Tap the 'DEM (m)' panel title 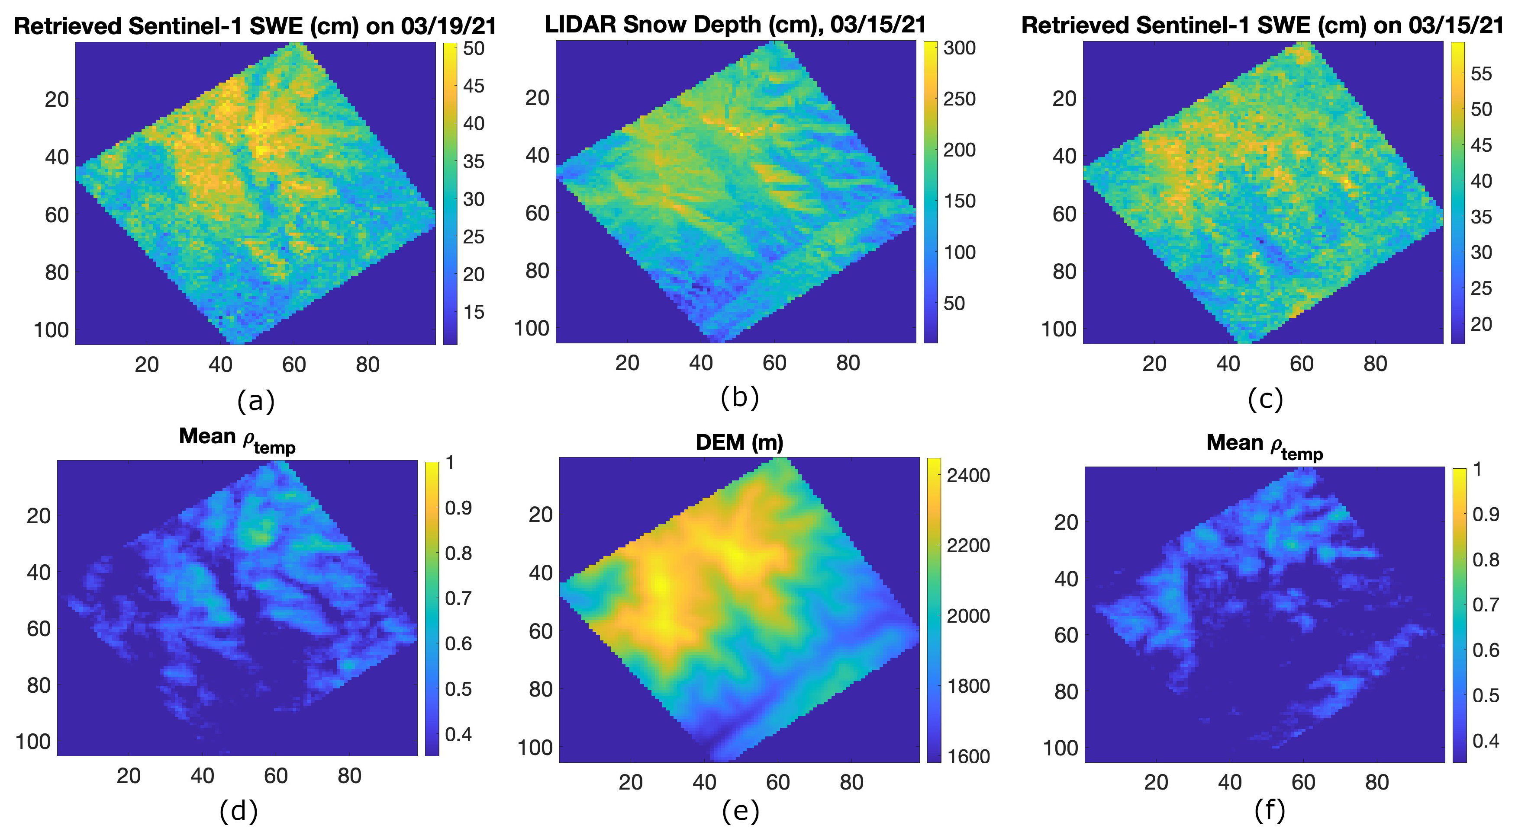739,442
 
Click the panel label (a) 256,402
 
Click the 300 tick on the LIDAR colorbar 960,48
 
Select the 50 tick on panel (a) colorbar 474,48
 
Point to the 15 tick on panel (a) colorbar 474,312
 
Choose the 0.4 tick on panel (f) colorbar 1486,742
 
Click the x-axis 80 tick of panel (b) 848,363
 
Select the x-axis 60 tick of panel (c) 1302,364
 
